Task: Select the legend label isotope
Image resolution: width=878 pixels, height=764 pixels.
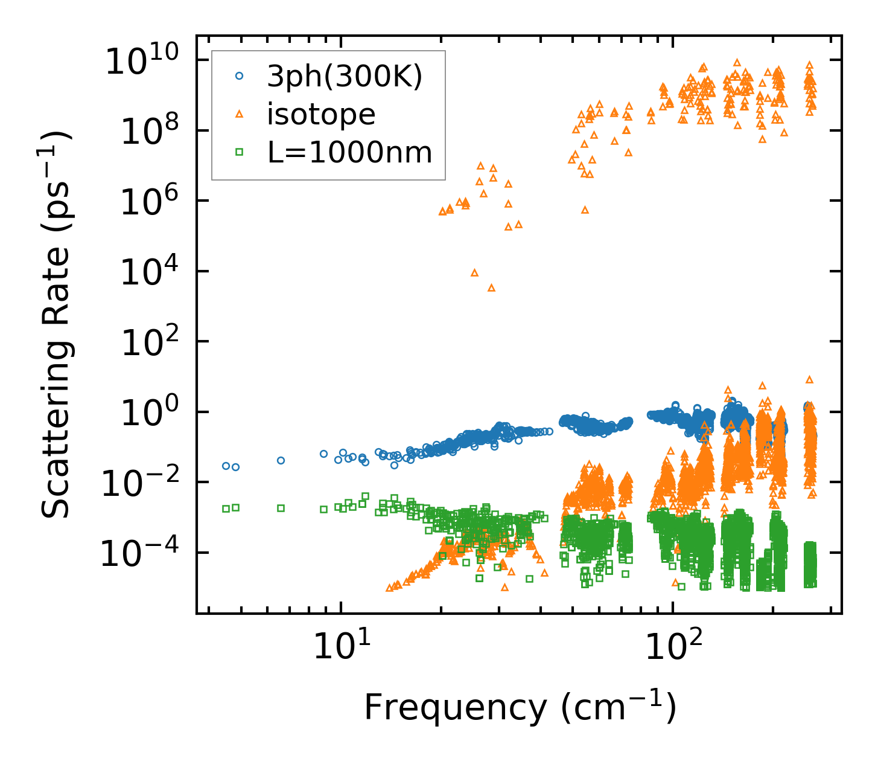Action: [x=321, y=114]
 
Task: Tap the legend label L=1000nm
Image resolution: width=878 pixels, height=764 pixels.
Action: [x=350, y=153]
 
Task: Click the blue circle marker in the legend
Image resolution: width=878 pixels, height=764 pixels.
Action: [x=240, y=76]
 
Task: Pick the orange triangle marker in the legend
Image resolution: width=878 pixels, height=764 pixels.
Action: [x=240, y=114]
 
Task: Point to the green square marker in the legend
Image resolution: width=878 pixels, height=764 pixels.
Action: [x=240, y=152]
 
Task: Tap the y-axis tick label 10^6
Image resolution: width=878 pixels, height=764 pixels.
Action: [x=148, y=201]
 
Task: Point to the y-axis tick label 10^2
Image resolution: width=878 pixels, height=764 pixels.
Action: [x=148, y=342]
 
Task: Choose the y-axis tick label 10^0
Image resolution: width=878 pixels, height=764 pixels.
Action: [x=148, y=412]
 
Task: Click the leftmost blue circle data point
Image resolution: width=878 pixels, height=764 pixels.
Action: [x=226, y=466]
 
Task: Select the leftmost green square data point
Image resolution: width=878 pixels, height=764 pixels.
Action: [x=226, y=509]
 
